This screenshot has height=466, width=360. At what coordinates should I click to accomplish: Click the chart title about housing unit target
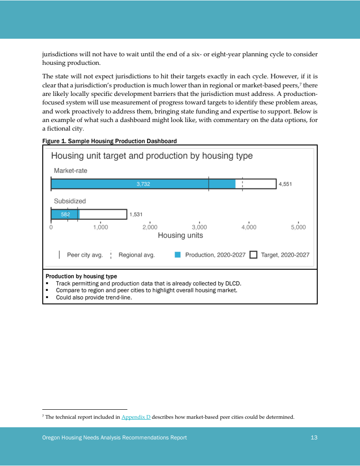click(x=152, y=156)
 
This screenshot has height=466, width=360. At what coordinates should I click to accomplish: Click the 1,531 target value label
click(x=136, y=214)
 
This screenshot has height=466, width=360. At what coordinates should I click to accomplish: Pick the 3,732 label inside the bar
click(x=143, y=184)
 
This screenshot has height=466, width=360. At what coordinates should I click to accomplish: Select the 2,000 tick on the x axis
click(x=150, y=227)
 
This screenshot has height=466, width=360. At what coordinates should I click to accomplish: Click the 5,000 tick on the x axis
click(x=298, y=227)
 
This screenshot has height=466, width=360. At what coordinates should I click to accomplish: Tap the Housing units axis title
click(x=180, y=235)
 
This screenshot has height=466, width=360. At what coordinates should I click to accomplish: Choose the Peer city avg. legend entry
click(x=85, y=255)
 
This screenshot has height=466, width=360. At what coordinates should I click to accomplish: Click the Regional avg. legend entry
click(x=136, y=255)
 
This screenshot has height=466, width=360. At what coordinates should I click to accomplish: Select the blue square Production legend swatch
click(x=177, y=255)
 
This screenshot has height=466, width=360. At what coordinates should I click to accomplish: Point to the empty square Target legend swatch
click(x=253, y=255)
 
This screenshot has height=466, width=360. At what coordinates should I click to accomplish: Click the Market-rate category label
click(x=71, y=171)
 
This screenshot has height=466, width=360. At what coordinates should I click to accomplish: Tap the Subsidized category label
click(x=70, y=201)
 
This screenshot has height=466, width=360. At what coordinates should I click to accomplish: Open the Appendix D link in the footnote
click(x=136, y=417)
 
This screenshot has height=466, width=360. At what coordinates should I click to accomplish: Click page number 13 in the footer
click(x=314, y=438)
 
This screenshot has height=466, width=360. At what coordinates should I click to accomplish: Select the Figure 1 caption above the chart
click(x=109, y=141)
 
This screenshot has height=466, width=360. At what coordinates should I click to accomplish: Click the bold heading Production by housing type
click(x=81, y=276)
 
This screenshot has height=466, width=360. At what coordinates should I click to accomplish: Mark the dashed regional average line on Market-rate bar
click(x=243, y=184)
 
